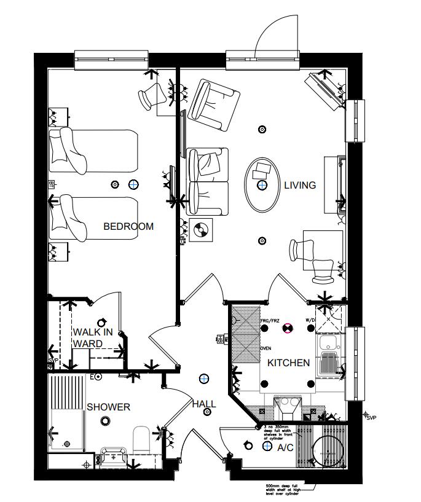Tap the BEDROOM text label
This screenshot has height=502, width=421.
(x=128, y=226)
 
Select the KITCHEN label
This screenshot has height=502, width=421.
(x=288, y=363)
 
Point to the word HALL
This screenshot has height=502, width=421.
(x=203, y=404)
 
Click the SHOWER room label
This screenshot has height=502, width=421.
(x=108, y=407)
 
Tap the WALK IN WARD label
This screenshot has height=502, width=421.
(x=93, y=337)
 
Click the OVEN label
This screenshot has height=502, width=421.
(x=266, y=348)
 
